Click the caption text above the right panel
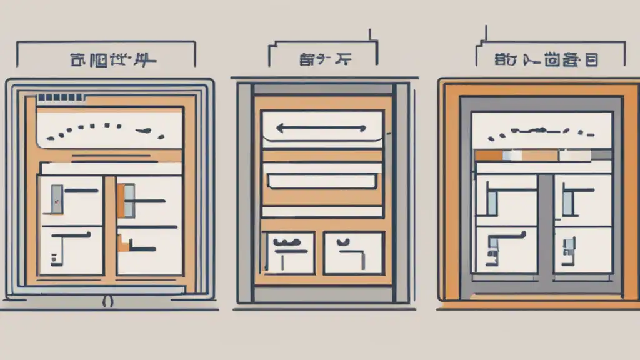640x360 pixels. point(547,61)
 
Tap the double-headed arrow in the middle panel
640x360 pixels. point(321,129)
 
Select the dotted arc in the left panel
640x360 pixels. point(110,127)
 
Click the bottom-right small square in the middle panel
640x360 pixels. point(353,252)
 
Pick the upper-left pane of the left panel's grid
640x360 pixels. point(70,200)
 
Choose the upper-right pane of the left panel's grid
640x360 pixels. point(149,200)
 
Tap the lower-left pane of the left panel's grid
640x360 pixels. point(70,250)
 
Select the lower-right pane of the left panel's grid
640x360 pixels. point(149,250)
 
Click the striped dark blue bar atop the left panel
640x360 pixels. point(57,98)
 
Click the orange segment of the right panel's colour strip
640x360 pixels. point(489,155)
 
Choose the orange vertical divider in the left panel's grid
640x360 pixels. point(110,225)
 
